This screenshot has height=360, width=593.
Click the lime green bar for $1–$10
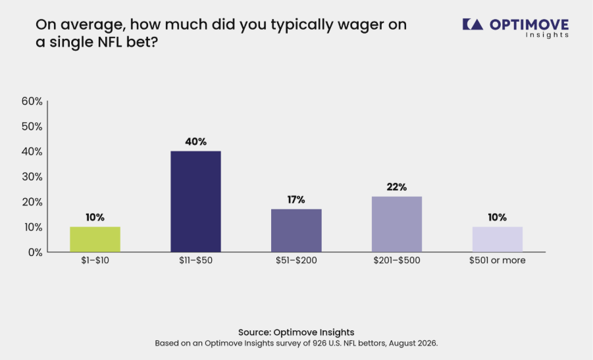tap(95, 240)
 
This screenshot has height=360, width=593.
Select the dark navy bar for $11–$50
tap(195, 201)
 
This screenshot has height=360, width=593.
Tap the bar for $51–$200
tap(296, 230)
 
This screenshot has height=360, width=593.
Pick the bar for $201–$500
tap(397, 224)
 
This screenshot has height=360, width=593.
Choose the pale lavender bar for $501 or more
tap(498, 240)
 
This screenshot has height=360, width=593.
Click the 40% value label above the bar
tap(195, 141)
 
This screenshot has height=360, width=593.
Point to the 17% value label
tap(296, 199)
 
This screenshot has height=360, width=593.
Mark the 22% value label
tap(397, 187)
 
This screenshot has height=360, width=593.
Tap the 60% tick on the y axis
tap(32, 101)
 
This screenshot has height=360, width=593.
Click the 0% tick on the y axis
tap(35, 252)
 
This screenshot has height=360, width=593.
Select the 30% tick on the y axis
tap(32, 176)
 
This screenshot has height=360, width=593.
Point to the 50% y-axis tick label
tap(32, 126)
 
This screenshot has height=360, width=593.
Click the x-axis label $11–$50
tap(195, 261)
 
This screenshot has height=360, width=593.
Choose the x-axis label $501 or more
tap(498, 260)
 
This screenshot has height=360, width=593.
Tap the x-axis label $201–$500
tap(397, 261)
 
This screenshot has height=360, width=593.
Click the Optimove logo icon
tap(473, 24)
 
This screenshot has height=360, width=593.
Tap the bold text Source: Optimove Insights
tap(296, 332)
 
